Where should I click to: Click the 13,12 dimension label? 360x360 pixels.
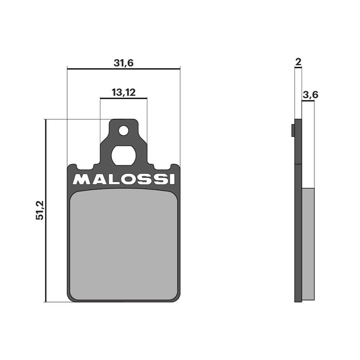[x=123, y=92]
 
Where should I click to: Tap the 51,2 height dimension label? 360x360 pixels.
[x=40, y=210]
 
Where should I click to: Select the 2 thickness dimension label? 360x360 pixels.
[x=298, y=62]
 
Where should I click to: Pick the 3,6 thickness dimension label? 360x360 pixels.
[x=310, y=95]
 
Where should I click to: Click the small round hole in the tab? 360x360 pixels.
[x=124, y=131]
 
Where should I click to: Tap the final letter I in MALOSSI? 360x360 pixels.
[x=173, y=179]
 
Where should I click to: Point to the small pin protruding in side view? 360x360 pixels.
[x=293, y=130]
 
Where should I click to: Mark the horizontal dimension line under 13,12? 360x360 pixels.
[x=123, y=98]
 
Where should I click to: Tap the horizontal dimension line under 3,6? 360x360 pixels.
[x=308, y=101]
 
